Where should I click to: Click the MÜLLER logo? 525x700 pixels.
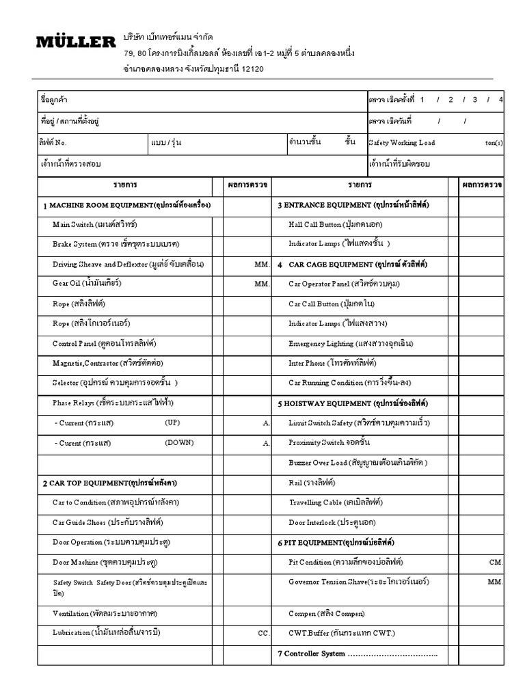coord(75,42)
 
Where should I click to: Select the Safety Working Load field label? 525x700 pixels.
coord(402,143)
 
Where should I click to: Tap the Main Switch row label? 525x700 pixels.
coord(94,224)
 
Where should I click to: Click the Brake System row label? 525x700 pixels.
coord(116,243)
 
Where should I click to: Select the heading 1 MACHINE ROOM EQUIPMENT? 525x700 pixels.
coord(126,204)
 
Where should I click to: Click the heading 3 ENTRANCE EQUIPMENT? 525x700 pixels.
coord(353,204)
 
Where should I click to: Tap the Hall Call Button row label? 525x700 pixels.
coord(336,224)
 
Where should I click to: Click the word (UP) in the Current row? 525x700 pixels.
coord(172,422)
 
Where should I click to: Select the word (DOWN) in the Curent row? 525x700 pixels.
coord(179,442)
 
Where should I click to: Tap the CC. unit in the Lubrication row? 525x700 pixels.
coord(264,633)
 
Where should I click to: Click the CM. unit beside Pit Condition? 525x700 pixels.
coord(496,562)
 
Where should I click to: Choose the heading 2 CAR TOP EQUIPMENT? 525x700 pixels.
coord(110,483)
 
